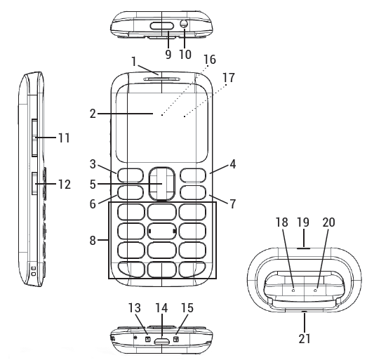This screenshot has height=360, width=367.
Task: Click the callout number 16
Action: pos(210,60)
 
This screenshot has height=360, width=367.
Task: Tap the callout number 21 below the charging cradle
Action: pos(305,338)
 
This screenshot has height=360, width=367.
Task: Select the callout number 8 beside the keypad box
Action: pos(93,240)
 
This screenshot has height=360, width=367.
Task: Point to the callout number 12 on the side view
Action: pos(64,185)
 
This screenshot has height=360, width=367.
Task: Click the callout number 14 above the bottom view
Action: pos(161,308)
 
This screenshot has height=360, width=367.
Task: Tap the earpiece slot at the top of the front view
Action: pos(162,79)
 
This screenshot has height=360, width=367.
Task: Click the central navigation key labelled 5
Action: pos(161,184)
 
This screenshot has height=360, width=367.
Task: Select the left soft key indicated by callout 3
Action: pos(131,175)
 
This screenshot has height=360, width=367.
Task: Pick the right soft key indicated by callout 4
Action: pos(193,175)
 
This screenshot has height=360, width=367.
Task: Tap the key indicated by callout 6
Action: pos(131,192)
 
